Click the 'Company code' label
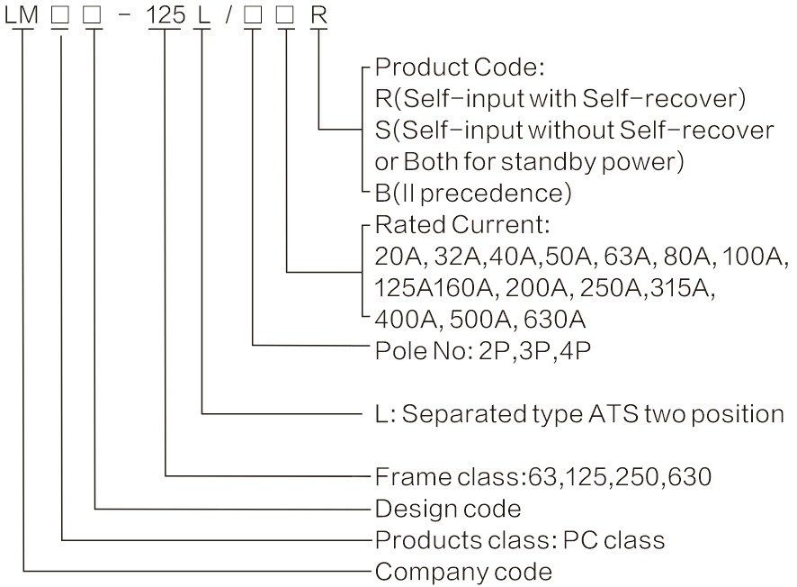pos(462,571)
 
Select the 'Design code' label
pos(447,509)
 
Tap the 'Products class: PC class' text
pos(519,540)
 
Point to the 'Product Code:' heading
pos(460,68)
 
